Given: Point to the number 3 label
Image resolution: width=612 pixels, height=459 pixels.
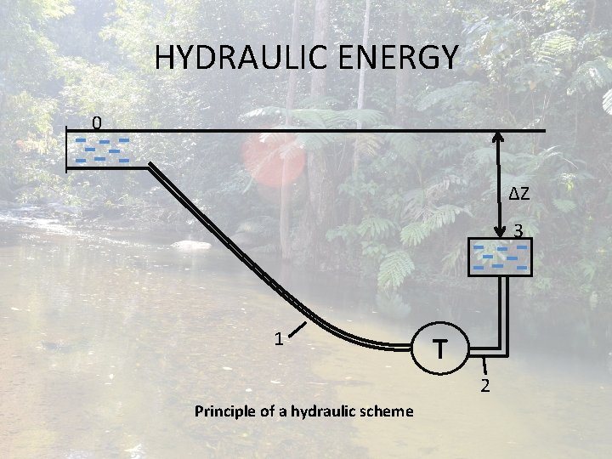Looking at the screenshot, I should [517, 230].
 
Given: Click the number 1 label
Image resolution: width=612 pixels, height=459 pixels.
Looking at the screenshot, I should [278, 338].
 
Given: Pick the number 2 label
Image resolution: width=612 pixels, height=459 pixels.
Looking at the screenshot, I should [485, 387].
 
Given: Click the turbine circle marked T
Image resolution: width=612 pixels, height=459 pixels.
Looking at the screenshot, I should [439, 348].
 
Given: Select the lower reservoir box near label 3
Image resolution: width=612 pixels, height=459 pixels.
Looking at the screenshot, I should [501, 256].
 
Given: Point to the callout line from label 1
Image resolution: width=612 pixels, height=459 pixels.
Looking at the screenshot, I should [303, 326].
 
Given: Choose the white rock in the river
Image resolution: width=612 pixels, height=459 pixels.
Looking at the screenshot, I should [190, 246].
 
